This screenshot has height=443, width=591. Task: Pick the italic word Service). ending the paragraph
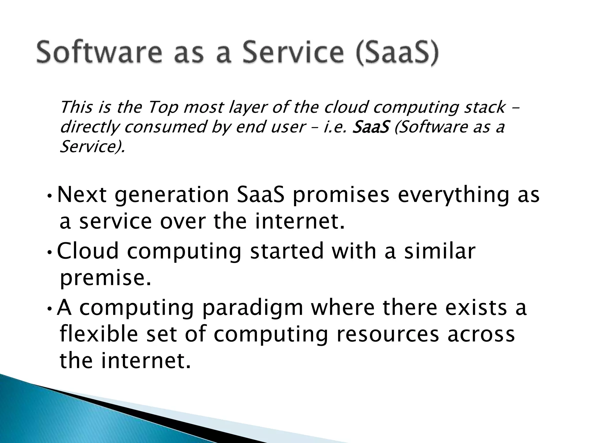(92, 147)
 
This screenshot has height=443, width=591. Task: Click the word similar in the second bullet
(439, 251)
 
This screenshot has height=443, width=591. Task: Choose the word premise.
(105, 279)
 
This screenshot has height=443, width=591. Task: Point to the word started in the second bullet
(287, 251)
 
